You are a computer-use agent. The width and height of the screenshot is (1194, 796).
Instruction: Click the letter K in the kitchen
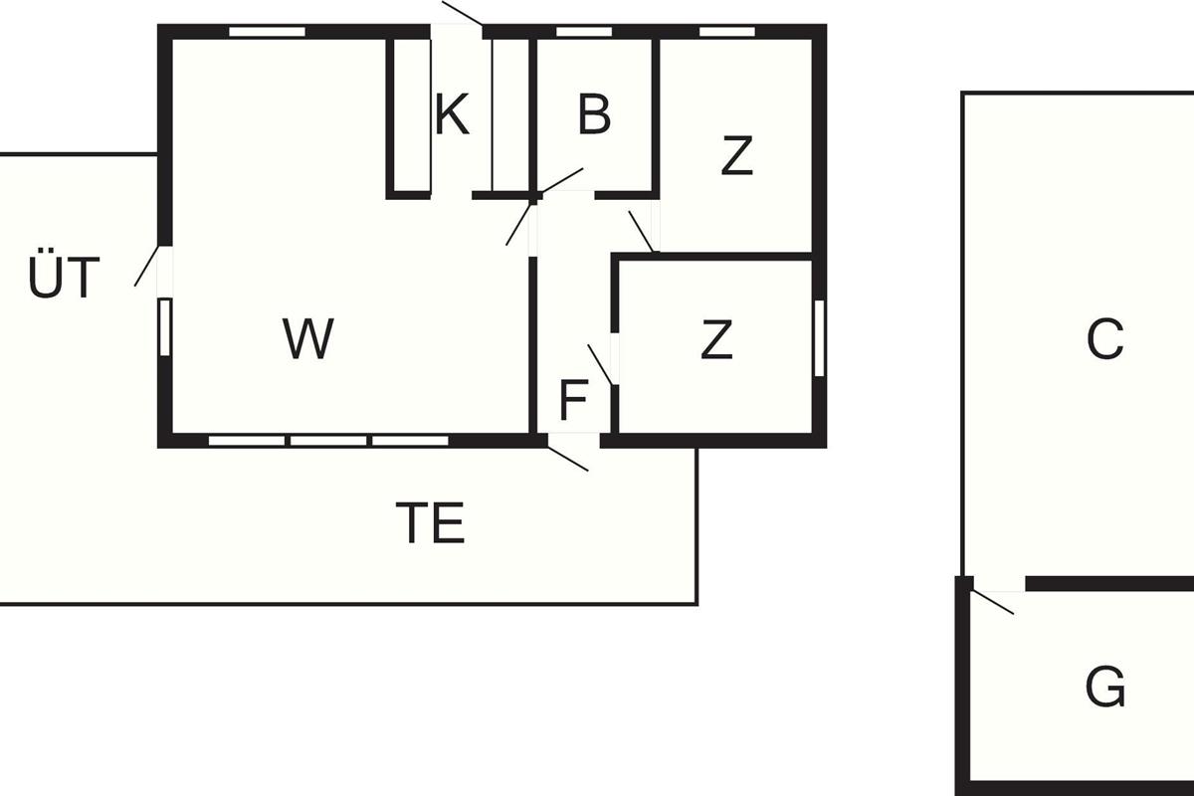point(452,115)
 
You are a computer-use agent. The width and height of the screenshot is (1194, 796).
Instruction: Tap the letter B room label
point(594,115)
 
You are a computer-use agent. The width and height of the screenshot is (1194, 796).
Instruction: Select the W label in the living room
point(308,339)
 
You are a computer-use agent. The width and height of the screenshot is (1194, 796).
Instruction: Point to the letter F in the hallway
point(574,401)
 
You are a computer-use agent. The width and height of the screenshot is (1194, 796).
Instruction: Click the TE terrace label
point(430,523)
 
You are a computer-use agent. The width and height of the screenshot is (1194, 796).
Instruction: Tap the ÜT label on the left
point(64,279)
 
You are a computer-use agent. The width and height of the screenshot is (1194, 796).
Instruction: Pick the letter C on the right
point(1104,339)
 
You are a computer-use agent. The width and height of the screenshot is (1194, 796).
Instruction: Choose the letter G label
point(1104,688)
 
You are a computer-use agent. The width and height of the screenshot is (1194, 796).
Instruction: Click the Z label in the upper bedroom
point(736,157)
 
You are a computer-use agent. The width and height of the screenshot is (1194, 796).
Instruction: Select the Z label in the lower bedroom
point(716,340)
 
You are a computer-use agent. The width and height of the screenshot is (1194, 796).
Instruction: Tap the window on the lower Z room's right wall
point(819,338)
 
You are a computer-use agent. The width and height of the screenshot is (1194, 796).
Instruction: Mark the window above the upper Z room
point(727,32)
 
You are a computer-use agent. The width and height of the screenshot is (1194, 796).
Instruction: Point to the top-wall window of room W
point(267,32)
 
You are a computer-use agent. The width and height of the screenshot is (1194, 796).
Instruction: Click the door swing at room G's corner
point(993,602)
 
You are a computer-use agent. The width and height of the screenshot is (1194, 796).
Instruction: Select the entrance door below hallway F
point(569,456)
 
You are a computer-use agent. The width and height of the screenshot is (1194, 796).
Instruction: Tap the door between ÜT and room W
point(147,266)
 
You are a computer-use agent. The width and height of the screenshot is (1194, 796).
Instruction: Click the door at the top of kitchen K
point(462,14)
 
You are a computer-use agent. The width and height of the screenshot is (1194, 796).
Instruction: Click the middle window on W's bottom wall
point(328,439)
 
